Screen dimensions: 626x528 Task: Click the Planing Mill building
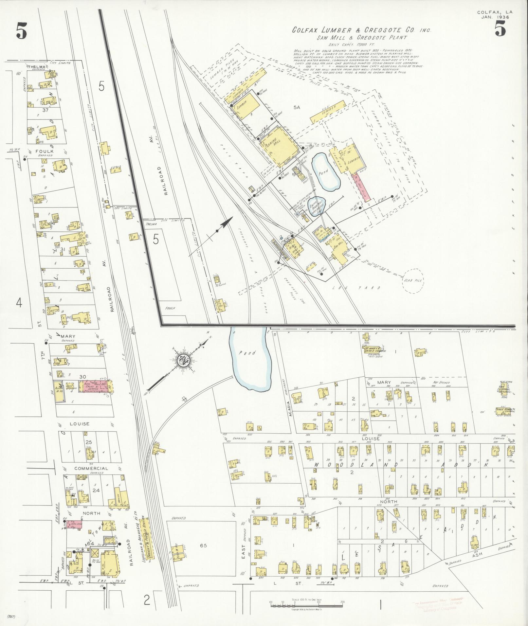tap(280, 150)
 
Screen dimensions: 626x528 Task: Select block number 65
tap(203, 545)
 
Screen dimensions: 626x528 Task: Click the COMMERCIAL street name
tap(91, 468)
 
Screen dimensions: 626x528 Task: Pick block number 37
tap(45, 110)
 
